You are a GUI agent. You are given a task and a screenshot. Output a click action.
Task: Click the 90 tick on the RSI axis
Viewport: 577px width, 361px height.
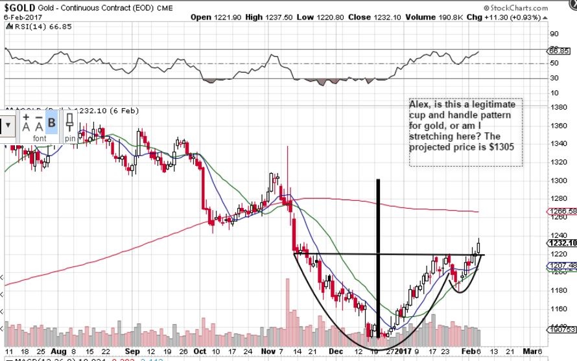click(x=554, y=34)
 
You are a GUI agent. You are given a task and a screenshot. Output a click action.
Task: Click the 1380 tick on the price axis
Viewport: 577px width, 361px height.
click(x=559, y=107)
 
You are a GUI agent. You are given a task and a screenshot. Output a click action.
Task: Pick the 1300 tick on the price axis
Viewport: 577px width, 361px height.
click(x=559, y=180)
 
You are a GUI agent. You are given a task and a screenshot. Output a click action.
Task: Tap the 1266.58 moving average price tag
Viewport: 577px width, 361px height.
click(x=562, y=211)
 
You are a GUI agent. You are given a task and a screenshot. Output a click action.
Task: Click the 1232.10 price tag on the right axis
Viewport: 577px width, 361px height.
click(x=562, y=242)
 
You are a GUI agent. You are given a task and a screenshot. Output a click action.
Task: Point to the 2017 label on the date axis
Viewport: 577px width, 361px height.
click(x=403, y=351)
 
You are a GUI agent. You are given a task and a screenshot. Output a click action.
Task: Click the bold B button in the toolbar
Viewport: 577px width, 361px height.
click(x=52, y=121)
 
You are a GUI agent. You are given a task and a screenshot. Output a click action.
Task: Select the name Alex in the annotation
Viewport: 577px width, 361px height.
click(x=419, y=104)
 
